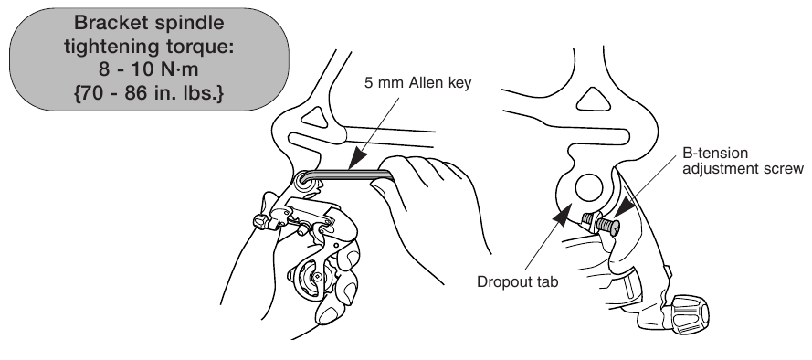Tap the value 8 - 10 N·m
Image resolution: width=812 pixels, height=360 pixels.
coord(148,69)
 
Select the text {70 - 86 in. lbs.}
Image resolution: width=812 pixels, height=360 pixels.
coord(149,94)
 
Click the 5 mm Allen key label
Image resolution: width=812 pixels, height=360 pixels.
coord(418,83)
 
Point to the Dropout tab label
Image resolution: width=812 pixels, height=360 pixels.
coord(517,282)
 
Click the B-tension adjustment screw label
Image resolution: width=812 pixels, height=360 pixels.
coord(743,161)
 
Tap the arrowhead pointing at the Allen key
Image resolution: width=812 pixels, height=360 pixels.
coord(357,158)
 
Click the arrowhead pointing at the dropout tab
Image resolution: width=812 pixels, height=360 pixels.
coord(562,214)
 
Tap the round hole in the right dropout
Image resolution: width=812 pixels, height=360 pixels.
coord(589,187)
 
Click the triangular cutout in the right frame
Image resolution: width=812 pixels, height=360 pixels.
coord(594,100)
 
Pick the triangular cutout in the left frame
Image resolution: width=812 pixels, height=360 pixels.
coord(314,117)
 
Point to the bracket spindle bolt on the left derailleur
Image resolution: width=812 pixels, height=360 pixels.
coord(302,181)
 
